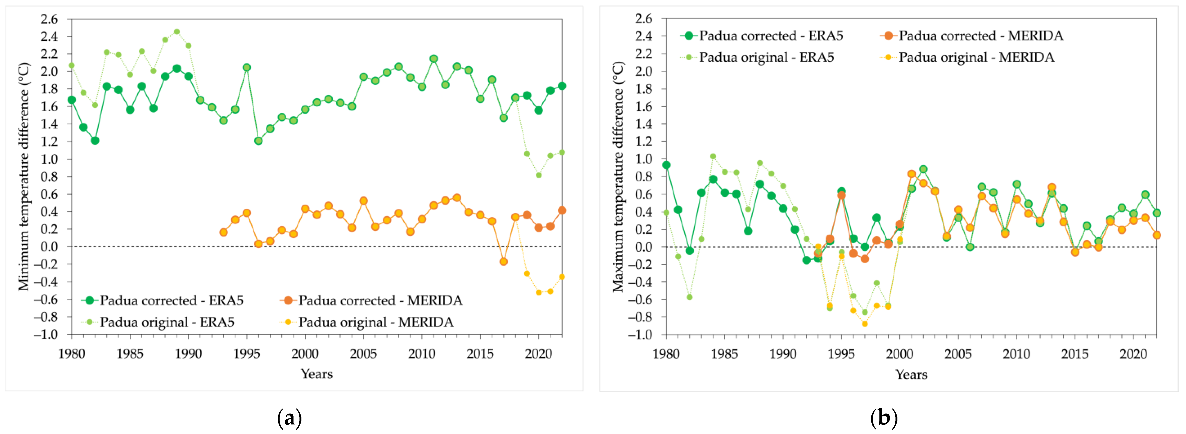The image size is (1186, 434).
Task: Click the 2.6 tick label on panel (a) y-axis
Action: click(49, 19)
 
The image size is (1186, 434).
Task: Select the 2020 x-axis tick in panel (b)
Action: click(1133, 354)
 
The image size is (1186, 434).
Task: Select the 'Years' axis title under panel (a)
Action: click(317, 374)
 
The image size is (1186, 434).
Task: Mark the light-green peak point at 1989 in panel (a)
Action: click(177, 32)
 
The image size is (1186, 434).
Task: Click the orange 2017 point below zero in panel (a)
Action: click(504, 261)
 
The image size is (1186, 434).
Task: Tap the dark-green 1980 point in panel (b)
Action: click(666, 165)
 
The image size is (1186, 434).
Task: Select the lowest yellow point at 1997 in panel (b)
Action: click(865, 324)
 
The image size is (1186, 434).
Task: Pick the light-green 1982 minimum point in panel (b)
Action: click(690, 297)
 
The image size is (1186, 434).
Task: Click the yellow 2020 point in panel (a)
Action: click(539, 292)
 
